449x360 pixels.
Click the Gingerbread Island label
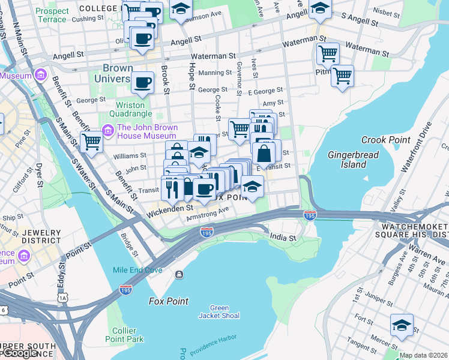(346, 160)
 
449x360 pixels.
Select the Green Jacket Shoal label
(219, 312)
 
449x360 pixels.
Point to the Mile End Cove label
(137, 270)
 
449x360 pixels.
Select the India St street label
(283, 238)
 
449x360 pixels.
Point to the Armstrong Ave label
(208, 211)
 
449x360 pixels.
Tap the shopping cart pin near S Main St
(91, 142)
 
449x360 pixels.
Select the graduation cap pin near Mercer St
(402, 325)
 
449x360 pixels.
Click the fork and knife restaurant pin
(172, 188)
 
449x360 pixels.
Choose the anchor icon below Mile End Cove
(179, 275)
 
